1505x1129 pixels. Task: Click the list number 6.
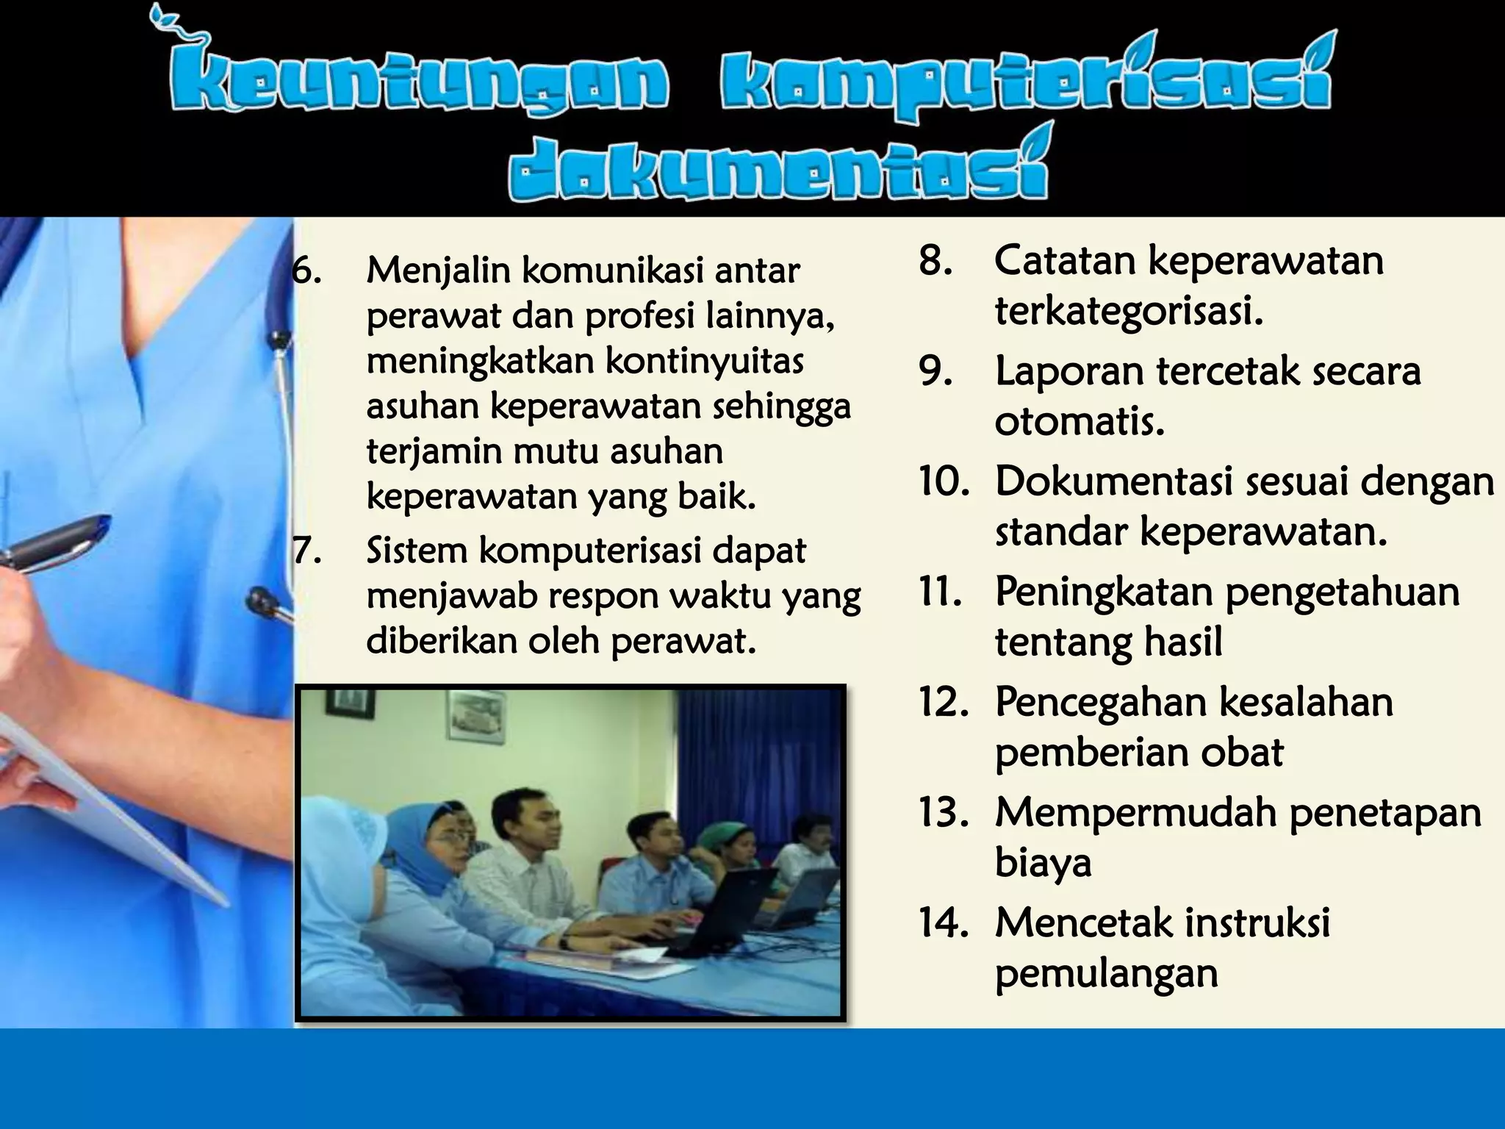(x=306, y=271)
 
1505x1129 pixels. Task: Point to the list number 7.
(x=307, y=551)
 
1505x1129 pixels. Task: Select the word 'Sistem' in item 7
(x=417, y=551)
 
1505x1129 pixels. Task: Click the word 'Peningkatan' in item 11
(x=1103, y=592)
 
